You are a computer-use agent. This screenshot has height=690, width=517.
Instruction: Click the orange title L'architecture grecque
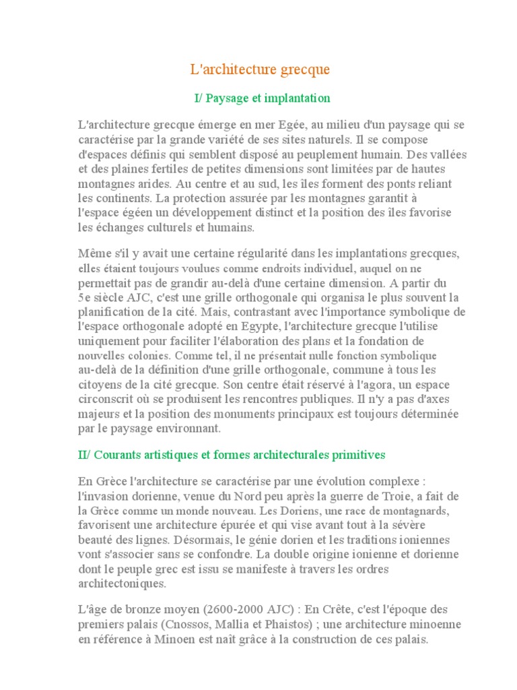pos(258,70)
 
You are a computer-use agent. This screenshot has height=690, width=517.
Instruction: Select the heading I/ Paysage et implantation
pos(262,98)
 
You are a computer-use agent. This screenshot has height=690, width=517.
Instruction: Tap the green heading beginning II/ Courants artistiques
pos(232,455)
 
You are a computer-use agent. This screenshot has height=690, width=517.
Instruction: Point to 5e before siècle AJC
pos(85,297)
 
